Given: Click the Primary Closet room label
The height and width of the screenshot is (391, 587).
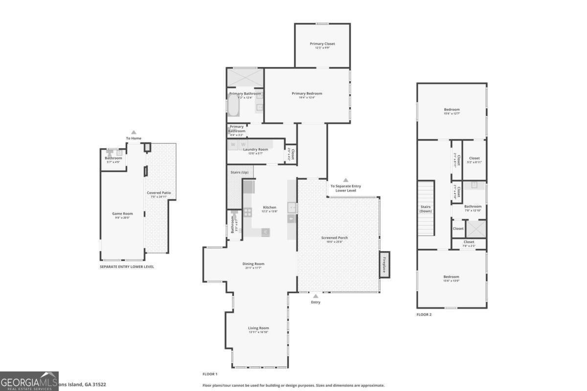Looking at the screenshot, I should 322,45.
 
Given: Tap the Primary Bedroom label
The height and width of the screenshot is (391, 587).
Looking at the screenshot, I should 307,95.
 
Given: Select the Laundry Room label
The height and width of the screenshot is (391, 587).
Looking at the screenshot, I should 256,151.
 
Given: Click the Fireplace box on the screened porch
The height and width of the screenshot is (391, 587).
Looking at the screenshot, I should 384,264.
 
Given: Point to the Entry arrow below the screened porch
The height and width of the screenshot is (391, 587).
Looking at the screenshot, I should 316,296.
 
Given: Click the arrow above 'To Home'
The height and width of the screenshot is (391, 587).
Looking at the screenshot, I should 134,132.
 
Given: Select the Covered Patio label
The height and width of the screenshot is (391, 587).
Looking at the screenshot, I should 159,194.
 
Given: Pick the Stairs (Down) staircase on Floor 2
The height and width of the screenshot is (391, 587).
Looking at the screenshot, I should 426,209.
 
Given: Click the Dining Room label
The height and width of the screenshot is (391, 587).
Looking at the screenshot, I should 253,265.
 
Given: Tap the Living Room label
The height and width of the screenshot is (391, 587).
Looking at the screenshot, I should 258,329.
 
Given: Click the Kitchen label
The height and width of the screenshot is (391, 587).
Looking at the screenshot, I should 270,209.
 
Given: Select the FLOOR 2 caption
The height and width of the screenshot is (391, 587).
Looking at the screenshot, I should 424,314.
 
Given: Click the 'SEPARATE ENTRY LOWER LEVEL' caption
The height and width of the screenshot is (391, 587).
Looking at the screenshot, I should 127,267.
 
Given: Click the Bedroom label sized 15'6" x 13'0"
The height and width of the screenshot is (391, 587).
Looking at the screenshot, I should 451,278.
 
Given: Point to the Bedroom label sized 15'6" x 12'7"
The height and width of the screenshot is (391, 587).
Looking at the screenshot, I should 452,111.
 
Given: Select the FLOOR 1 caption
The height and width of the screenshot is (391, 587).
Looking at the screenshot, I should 210,374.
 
